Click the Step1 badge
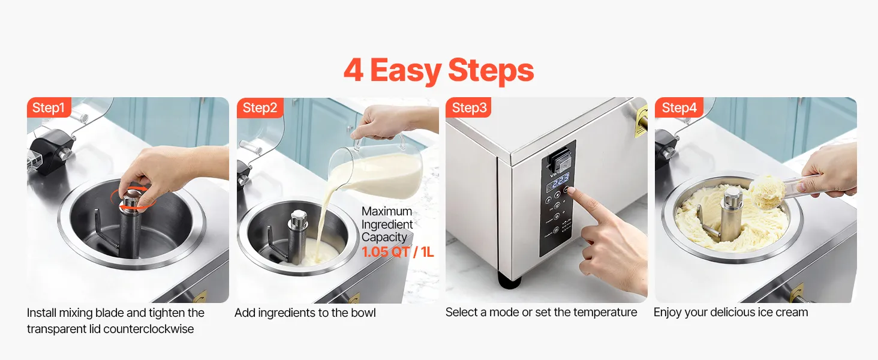click(x=49, y=107)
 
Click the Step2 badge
click(x=260, y=107)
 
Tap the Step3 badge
click(x=468, y=107)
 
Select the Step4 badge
click(x=679, y=107)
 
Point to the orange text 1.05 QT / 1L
click(x=398, y=252)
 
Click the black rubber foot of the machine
click(x=510, y=279)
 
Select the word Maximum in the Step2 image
click(x=386, y=211)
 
